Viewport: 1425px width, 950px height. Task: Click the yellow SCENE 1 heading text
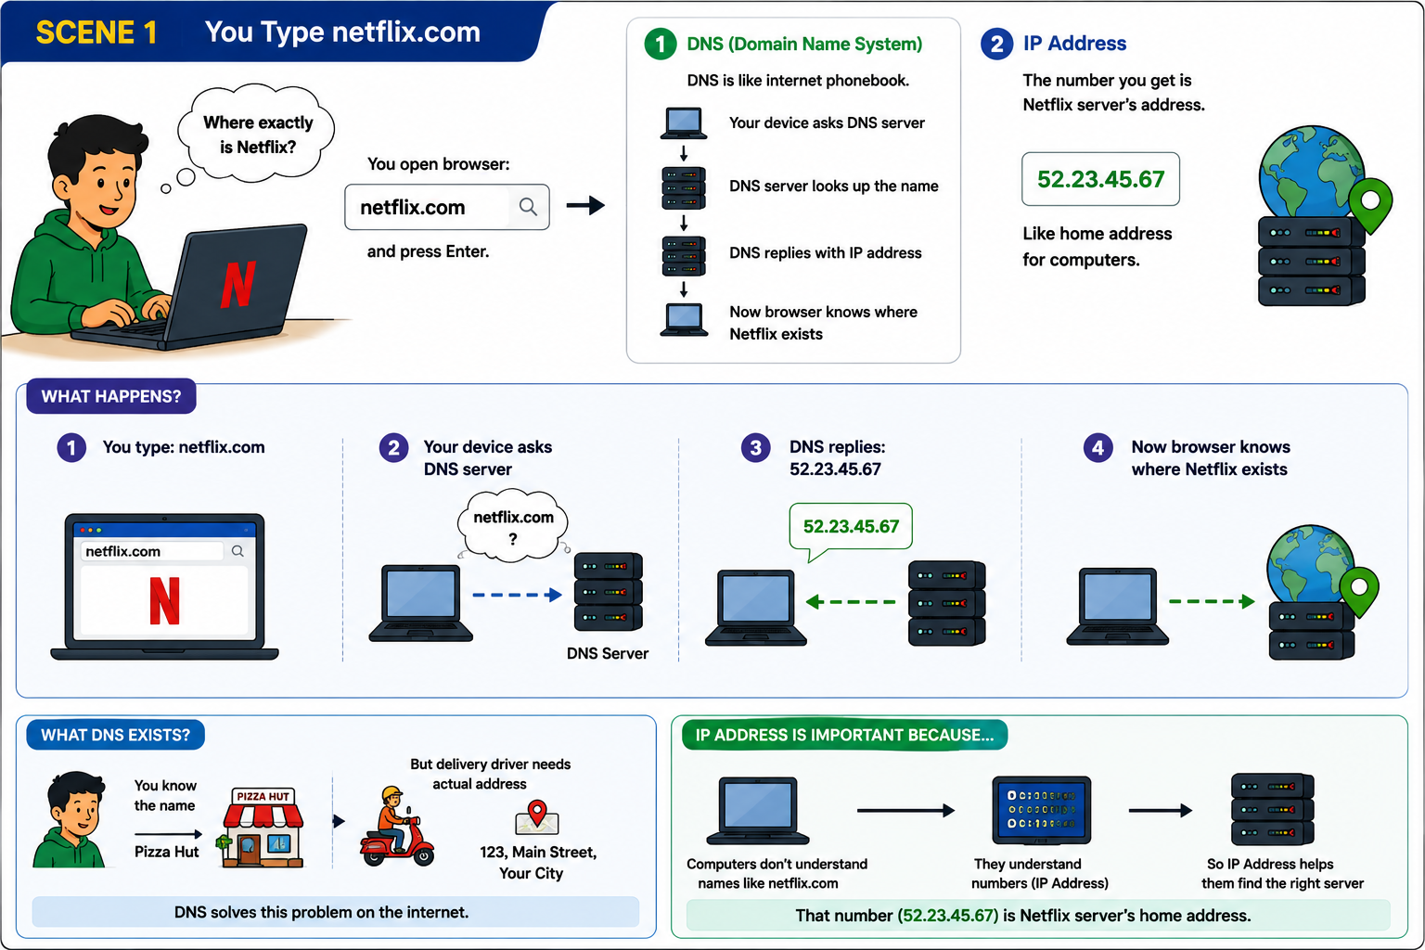(96, 32)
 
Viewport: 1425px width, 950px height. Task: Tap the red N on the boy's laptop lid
(237, 285)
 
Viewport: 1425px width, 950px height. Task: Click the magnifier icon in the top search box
(528, 207)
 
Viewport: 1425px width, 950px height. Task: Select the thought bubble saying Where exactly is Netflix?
(256, 134)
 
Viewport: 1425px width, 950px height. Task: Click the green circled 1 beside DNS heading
(661, 44)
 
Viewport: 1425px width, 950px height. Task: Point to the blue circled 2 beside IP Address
(997, 44)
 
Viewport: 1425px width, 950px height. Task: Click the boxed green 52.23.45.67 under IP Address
(1100, 179)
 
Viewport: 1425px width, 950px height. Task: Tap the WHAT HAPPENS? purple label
(111, 396)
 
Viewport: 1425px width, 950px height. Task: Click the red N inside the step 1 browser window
(165, 600)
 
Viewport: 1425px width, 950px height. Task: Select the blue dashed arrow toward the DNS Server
(517, 595)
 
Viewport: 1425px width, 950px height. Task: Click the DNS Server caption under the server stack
(608, 653)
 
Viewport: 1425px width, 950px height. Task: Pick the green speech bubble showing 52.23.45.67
(851, 527)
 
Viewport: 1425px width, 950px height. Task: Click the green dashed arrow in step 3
(851, 601)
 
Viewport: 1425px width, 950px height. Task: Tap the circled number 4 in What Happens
(1098, 448)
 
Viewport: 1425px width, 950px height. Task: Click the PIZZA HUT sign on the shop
(263, 796)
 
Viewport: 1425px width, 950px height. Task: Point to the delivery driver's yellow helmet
(392, 794)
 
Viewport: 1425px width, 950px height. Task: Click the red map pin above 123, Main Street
(537, 812)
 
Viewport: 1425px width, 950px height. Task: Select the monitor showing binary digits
(1042, 810)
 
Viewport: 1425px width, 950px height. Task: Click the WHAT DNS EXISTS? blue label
(115, 735)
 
